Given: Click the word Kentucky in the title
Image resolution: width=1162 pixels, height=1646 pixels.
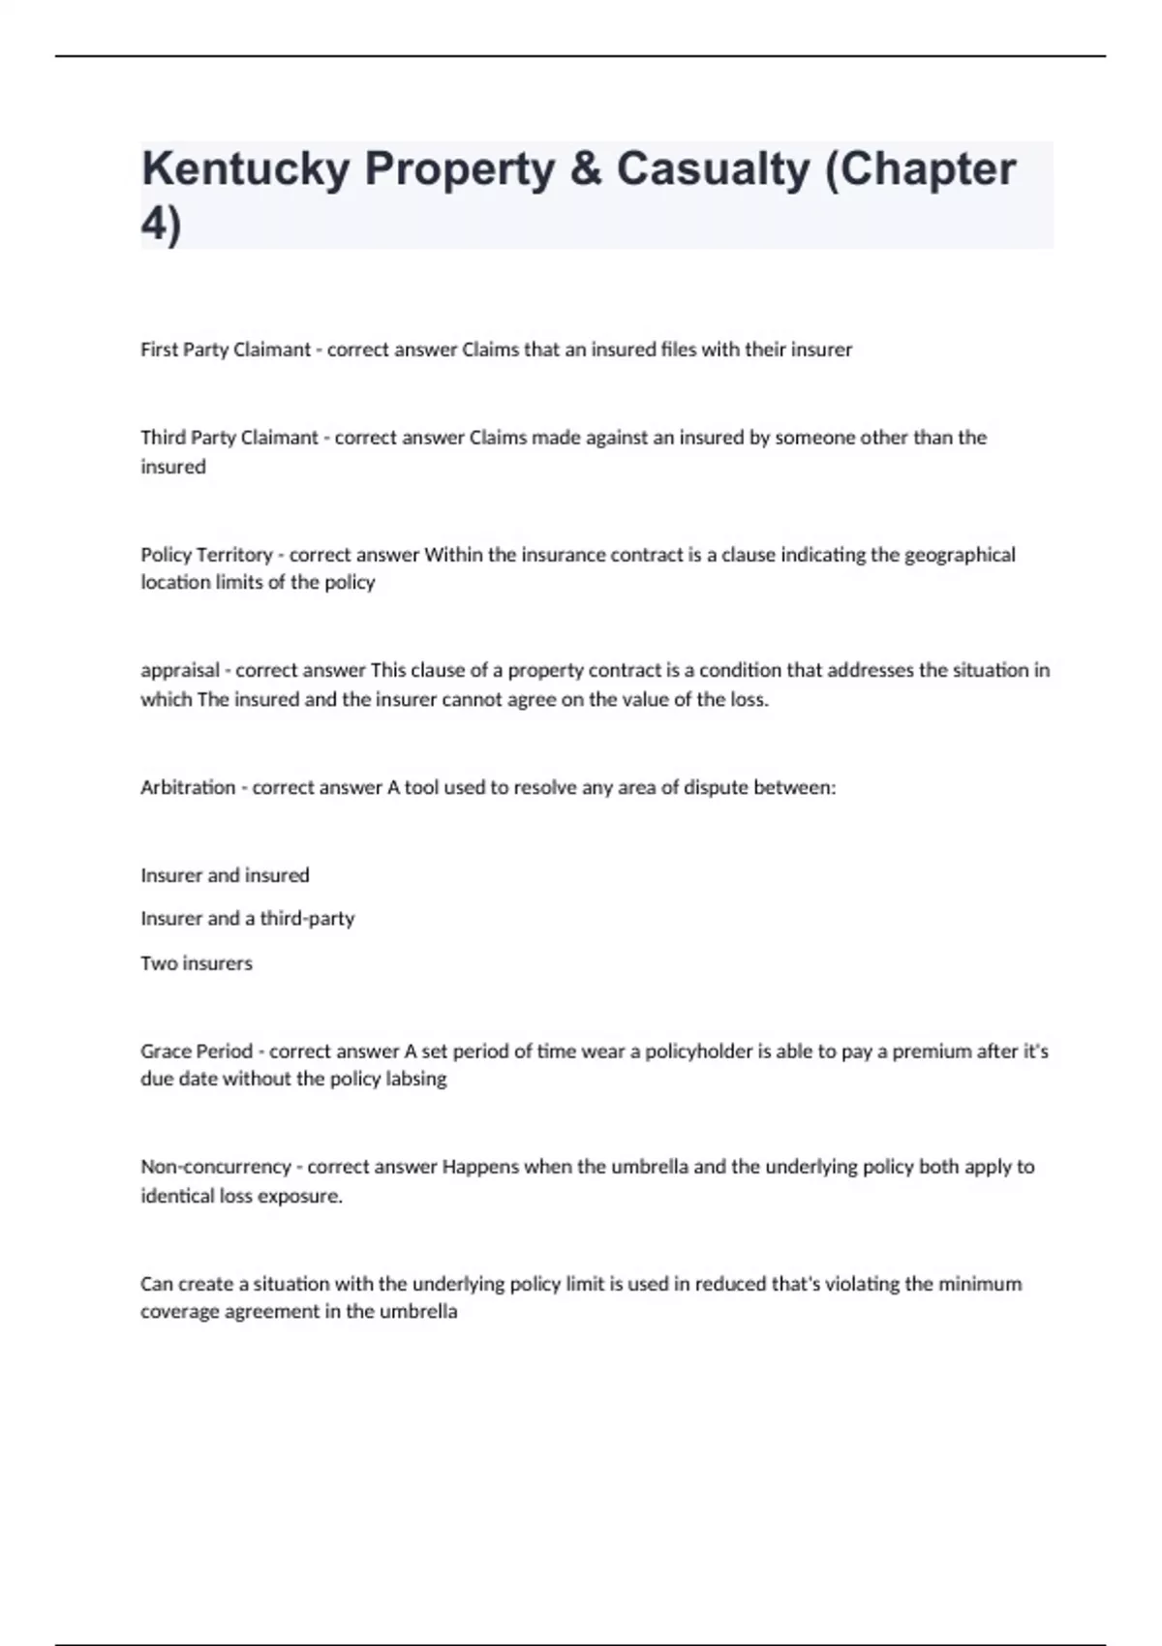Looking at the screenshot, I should [x=245, y=169].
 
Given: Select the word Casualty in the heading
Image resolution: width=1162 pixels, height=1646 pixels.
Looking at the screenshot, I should [x=713, y=169].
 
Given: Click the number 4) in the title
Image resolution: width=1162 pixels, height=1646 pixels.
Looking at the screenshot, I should [x=161, y=226].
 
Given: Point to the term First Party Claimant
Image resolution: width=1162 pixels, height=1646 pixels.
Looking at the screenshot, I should [x=226, y=350].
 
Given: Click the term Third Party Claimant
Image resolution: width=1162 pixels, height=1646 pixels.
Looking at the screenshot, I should [x=229, y=438].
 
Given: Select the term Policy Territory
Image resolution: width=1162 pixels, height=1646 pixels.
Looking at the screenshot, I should [x=206, y=555].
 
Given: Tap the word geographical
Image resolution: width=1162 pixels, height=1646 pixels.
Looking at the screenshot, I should [x=960, y=555].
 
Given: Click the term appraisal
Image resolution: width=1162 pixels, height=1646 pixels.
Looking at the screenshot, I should [x=180, y=670].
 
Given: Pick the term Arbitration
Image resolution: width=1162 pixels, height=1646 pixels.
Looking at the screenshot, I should [x=188, y=787].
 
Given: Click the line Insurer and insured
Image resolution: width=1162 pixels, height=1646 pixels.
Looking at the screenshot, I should [x=225, y=875].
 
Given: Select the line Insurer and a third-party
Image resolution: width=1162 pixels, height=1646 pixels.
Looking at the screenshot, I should [x=247, y=918].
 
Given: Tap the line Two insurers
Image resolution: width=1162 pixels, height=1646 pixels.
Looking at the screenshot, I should [x=196, y=963].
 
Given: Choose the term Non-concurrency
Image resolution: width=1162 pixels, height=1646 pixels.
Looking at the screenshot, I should [x=216, y=1167].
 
